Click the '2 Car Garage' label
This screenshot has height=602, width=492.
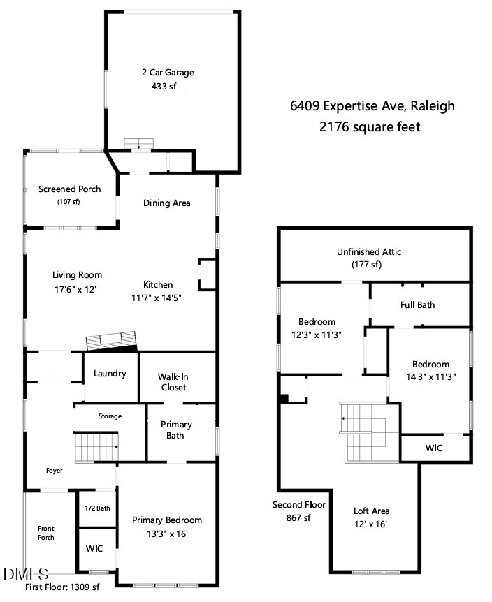[167, 72]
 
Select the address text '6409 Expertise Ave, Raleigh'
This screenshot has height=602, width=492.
[372, 106]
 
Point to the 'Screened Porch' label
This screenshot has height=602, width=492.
[69, 189]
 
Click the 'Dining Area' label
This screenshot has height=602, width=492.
[167, 203]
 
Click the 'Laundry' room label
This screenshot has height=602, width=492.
[110, 374]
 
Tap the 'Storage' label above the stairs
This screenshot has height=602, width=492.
[110, 416]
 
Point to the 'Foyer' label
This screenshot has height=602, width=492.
[54, 471]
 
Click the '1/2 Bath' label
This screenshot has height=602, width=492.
[97, 508]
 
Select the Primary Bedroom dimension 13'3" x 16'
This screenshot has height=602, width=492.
[167, 534]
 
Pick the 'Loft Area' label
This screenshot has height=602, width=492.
[372, 511]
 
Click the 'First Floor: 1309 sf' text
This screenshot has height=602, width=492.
[63, 587]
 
